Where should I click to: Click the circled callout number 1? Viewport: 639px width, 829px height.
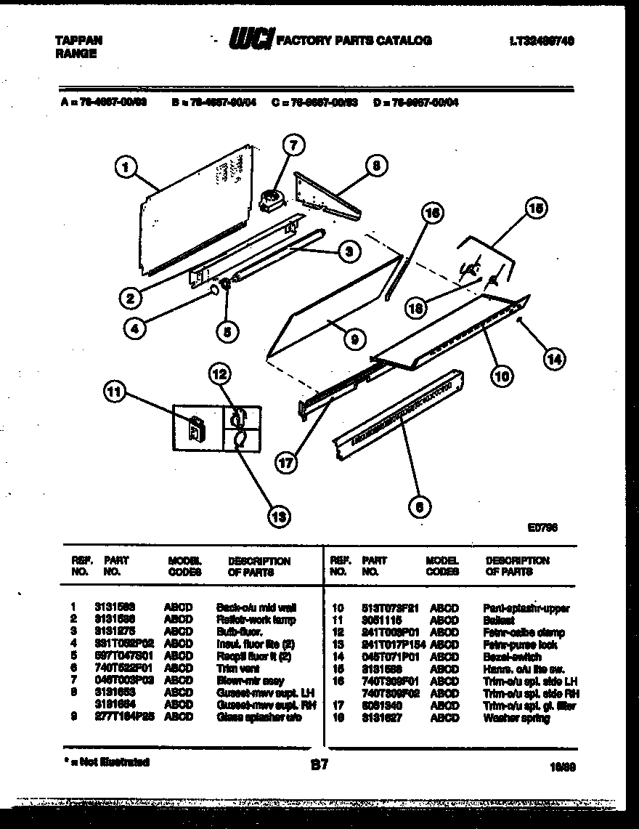pos(126,169)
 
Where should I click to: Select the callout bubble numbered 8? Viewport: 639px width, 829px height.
pos(375,166)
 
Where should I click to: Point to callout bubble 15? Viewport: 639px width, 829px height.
pos(535,209)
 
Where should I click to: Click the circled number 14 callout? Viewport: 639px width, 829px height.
pos(555,358)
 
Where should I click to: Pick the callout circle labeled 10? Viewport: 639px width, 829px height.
pos(502,375)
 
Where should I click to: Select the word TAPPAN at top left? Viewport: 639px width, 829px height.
pos(78,41)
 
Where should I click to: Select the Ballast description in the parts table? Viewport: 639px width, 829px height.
pos(498,620)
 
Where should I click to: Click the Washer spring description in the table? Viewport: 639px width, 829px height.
pos(516,718)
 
